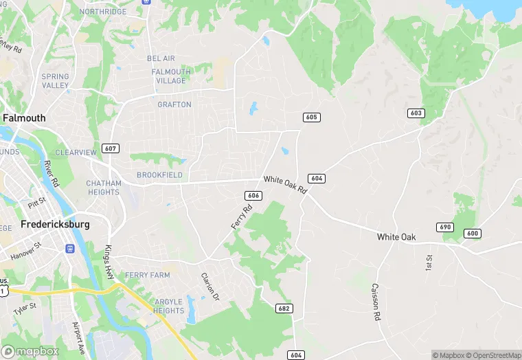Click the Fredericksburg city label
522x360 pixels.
(x=55, y=224)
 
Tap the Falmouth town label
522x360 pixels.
(x=24, y=118)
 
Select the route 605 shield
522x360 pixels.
(x=312, y=117)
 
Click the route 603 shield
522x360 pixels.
(x=416, y=113)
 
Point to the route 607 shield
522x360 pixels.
(x=110, y=148)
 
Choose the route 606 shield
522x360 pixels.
(x=253, y=196)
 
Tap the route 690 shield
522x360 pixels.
(x=445, y=227)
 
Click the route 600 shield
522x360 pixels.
(x=472, y=234)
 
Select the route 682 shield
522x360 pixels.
(x=284, y=308)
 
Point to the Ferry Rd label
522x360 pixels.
(x=238, y=217)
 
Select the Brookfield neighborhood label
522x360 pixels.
(x=159, y=175)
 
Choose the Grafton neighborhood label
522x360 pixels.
(x=174, y=104)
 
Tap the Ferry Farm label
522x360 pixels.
(x=146, y=275)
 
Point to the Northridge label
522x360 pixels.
(x=104, y=12)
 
